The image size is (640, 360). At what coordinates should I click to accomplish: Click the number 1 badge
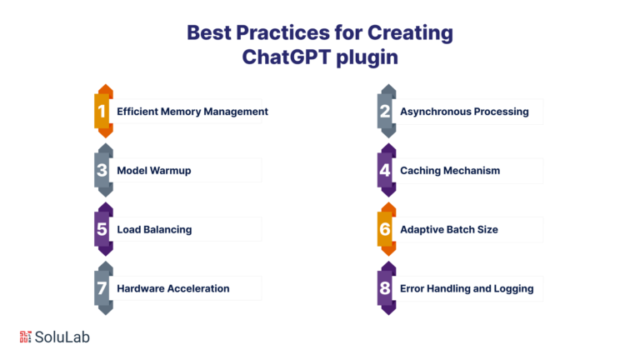click(103, 111)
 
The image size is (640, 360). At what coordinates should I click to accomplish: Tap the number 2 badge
click(387, 111)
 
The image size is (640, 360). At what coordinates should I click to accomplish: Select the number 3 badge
click(103, 170)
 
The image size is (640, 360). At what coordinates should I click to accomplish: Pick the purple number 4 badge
click(387, 170)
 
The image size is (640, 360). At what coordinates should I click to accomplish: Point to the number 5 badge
click(103, 229)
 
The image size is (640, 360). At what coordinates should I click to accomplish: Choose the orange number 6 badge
click(387, 229)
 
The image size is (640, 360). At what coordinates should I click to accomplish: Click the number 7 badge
click(103, 288)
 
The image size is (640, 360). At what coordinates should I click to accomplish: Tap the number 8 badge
click(387, 288)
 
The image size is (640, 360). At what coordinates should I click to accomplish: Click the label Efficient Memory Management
click(192, 112)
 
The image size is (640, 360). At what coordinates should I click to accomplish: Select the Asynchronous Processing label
click(464, 112)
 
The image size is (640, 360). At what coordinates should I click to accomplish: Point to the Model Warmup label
click(154, 171)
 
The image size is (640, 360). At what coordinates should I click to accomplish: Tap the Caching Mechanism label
click(450, 171)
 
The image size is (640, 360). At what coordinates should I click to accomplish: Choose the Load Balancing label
click(154, 229)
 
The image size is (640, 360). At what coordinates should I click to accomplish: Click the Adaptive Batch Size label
click(449, 229)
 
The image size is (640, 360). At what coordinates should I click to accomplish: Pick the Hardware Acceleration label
click(173, 288)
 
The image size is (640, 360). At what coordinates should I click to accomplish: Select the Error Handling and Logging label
click(467, 288)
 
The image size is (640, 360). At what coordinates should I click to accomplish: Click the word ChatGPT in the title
click(286, 57)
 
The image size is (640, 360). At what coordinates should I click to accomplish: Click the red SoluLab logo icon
click(25, 337)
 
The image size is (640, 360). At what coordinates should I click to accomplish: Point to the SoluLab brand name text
click(62, 337)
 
